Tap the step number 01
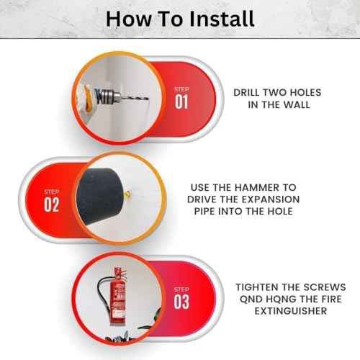click(181, 101)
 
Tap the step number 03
click(182, 301)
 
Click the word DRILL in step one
click(249, 93)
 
